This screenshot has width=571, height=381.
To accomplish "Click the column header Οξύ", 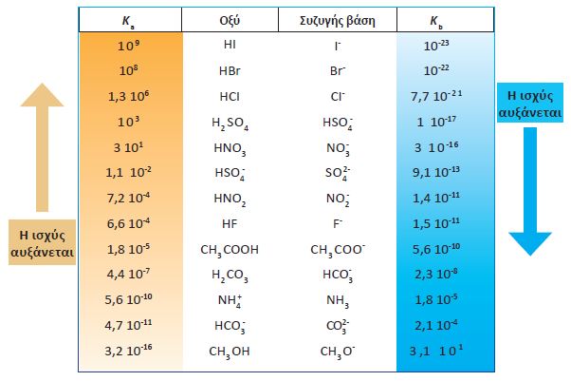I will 229,19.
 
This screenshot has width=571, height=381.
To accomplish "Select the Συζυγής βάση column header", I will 337,19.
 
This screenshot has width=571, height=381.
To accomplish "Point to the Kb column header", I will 442,20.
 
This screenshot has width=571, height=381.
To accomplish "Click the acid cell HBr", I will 230,71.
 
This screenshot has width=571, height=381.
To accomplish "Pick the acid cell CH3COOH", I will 230,251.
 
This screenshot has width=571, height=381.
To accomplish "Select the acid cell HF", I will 230,224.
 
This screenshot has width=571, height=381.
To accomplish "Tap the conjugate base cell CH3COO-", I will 338,251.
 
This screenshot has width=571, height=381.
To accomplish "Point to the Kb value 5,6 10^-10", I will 443,251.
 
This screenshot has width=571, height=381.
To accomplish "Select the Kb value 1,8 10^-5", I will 443,301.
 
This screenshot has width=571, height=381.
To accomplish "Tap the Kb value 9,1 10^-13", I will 443,174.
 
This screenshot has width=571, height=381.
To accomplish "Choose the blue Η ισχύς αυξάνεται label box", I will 531,104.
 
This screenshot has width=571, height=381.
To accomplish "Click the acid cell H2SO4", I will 230,123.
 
